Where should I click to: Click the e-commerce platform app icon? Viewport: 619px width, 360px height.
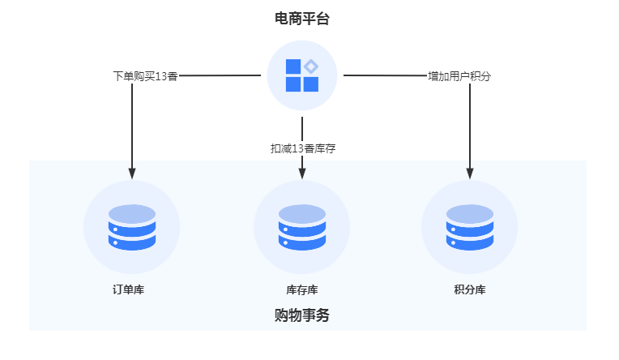pos(301,75)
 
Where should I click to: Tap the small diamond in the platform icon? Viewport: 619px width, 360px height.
pos(311,66)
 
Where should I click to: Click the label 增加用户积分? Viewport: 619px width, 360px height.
pos(459,76)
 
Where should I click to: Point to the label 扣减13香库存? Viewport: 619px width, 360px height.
pos(302,148)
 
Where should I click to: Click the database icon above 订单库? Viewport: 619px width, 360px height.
pos(132,228)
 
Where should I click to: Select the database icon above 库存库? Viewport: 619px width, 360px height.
pos(301,228)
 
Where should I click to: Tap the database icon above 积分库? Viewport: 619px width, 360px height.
pos(470,228)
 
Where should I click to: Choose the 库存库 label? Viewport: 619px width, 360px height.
pos(301,289)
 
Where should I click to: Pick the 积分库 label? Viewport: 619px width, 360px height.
pos(470,289)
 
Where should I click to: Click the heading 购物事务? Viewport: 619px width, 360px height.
pos(301,315)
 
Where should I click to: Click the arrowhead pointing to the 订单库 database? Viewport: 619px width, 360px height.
pos(132,173)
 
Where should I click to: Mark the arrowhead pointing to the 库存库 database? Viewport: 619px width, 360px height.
pos(302,173)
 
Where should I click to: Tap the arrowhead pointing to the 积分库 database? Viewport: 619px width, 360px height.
pos(470,173)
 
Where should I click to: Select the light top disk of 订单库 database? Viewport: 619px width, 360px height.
pos(132,214)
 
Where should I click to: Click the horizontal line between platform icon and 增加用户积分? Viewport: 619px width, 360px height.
pos(385,75)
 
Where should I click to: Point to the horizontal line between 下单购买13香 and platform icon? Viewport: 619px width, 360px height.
pos(219,75)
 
